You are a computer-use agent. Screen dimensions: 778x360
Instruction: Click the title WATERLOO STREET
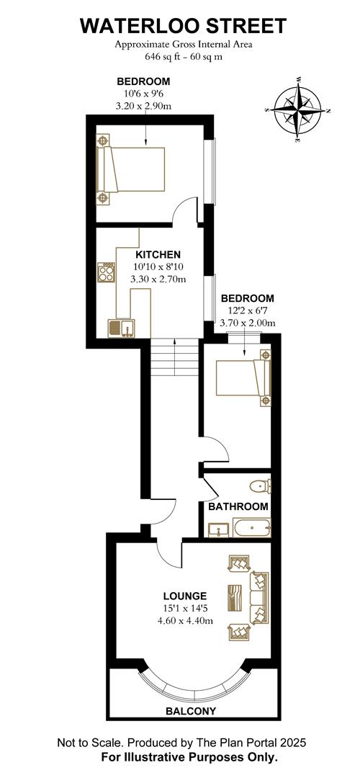(183, 27)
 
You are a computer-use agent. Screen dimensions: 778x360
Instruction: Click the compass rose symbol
(297, 110)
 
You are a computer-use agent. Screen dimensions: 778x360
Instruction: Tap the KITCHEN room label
(158, 254)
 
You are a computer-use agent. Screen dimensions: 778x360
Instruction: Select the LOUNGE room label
(184, 596)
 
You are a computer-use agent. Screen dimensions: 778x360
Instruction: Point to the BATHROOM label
(238, 506)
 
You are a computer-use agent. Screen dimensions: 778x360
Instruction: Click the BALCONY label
(191, 711)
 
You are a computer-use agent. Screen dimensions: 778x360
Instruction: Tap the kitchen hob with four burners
(106, 272)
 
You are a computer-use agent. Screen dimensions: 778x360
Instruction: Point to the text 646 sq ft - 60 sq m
(183, 55)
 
